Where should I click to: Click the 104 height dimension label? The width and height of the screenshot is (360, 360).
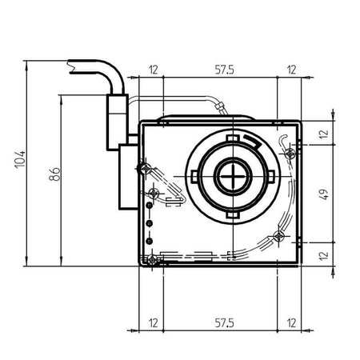click(x=20, y=159)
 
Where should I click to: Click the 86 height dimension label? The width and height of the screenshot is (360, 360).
click(x=54, y=174)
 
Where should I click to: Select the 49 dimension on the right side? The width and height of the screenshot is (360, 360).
click(x=324, y=194)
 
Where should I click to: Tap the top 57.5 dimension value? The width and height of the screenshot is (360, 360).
click(x=224, y=70)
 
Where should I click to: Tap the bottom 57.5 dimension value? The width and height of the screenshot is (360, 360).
click(x=224, y=323)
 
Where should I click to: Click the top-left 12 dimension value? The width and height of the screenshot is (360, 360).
click(x=154, y=70)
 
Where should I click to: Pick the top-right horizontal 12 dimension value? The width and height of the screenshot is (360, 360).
click(x=291, y=70)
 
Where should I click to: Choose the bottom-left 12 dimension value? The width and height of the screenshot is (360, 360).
click(x=154, y=323)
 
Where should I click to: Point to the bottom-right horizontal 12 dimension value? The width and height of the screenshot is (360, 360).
click(x=291, y=323)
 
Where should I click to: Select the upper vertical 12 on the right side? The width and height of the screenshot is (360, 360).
click(x=324, y=134)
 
